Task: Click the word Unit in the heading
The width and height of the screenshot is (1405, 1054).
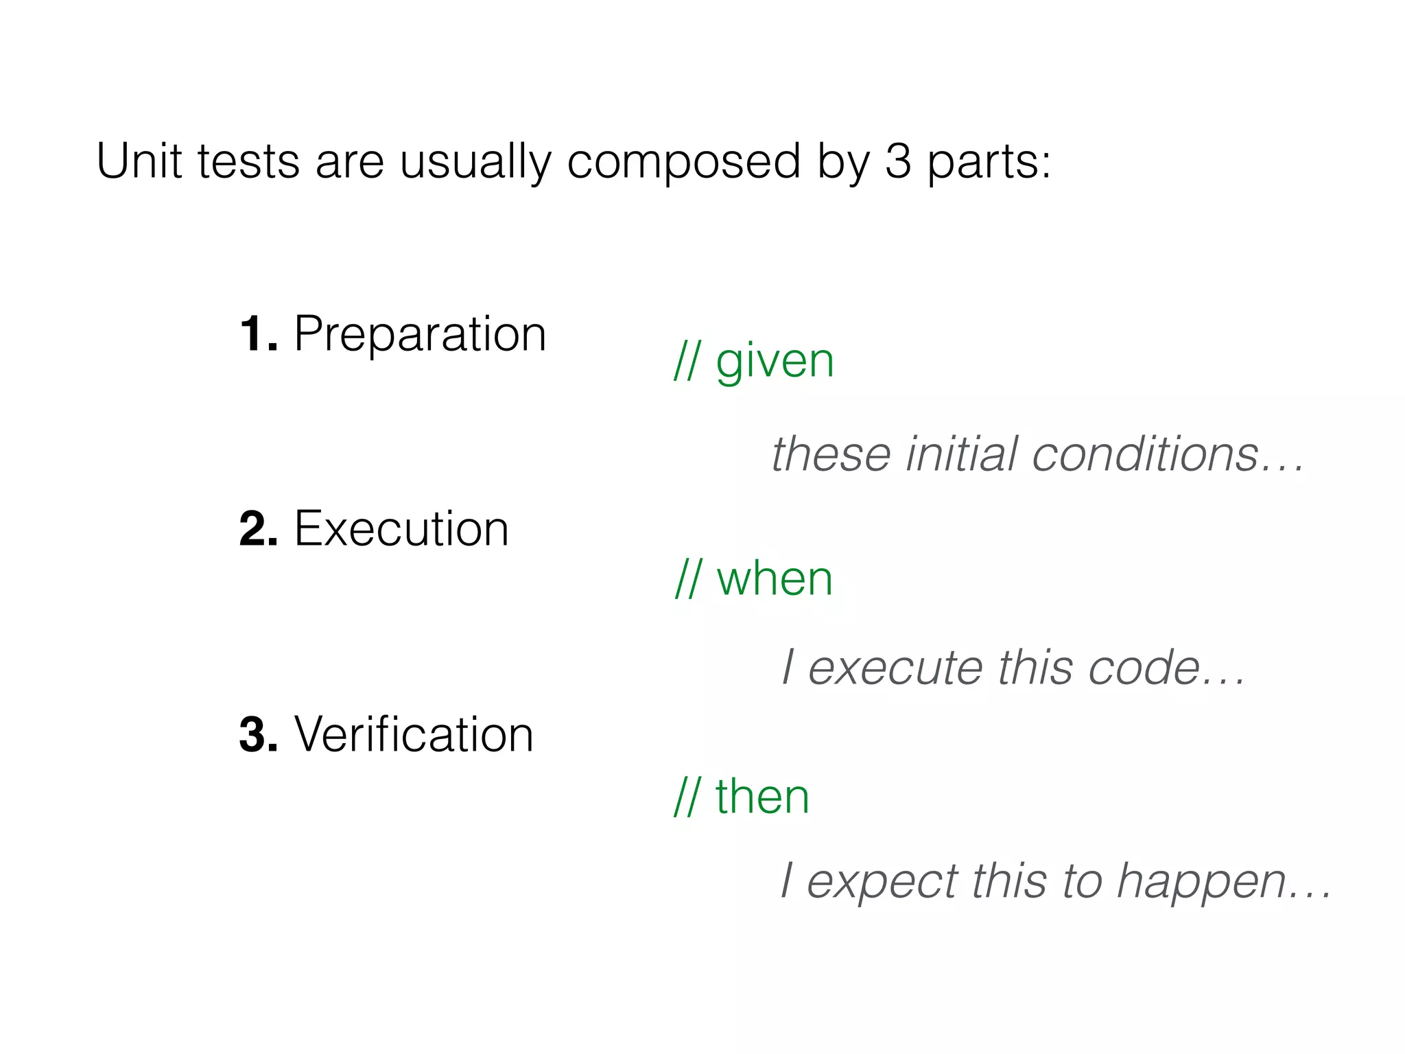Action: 139,162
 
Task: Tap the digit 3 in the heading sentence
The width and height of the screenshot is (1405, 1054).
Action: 898,162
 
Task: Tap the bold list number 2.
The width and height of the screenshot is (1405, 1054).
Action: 257,529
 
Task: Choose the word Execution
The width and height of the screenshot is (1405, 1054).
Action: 401,529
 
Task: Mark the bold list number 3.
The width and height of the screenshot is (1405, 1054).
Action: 257,735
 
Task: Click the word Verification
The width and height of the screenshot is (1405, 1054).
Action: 414,735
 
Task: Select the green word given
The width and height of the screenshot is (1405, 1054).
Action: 775,362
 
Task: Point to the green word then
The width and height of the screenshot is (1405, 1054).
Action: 762,797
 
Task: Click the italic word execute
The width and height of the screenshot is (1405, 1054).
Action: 895,668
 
